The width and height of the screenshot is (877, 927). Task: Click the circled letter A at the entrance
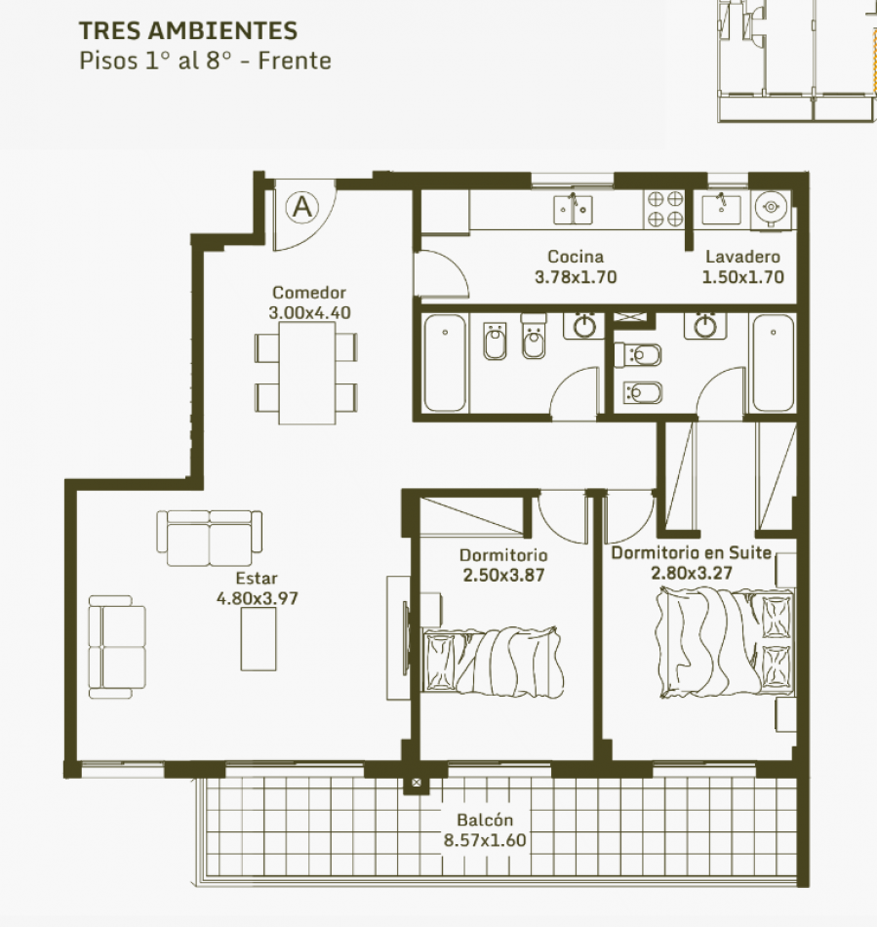pos(302,207)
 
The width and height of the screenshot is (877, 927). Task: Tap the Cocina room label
pos(576,257)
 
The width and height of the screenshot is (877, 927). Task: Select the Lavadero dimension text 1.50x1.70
pos(742,277)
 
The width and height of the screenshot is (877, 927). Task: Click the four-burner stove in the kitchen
pos(665,209)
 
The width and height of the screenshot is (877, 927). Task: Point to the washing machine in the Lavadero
pos(771,208)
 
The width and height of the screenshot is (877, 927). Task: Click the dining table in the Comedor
pos(307,373)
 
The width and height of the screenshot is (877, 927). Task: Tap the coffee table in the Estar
pos(259,639)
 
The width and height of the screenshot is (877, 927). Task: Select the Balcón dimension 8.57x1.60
pos(485,840)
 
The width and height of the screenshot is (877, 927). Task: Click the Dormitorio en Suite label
pos(691,552)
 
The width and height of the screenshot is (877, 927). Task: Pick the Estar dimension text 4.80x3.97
pos(258,598)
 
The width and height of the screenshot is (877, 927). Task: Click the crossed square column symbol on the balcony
pos(416,783)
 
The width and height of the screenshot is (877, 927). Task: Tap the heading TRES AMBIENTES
pos(188,31)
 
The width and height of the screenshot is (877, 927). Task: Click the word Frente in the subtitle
pos(295,60)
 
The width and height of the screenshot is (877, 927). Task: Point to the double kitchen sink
pos(573,209)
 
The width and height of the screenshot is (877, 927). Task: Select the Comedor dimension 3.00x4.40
pos(309,313)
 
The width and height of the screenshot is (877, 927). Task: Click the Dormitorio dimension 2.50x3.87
pos(503,576)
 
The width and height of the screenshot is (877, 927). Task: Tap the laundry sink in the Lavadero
pos(721,209)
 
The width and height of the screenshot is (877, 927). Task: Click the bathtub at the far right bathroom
pos(773,363)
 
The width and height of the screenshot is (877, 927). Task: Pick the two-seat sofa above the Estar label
pos(209,538)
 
